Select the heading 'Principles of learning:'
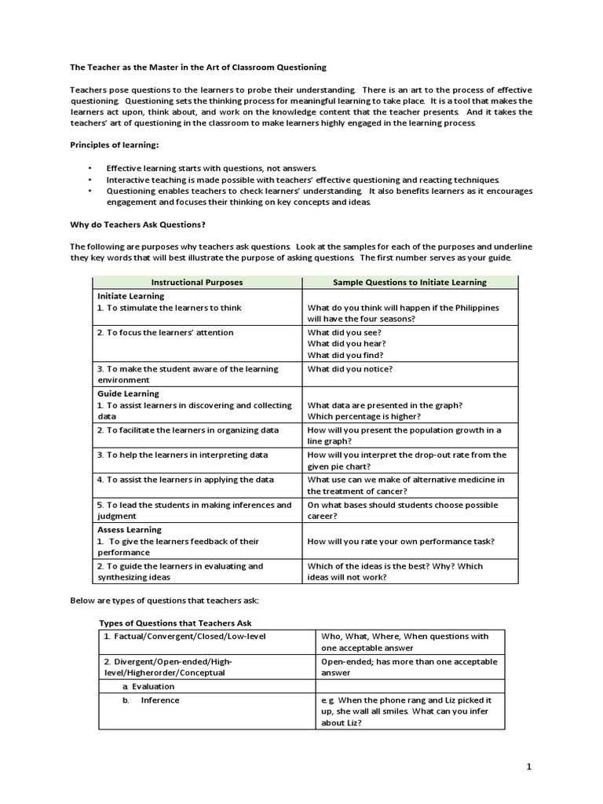click(x=115, y=144)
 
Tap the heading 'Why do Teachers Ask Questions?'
click(x=137, y=224)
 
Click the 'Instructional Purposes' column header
click(x=197, y=282)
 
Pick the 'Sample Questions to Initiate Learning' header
click(x=409, y=282)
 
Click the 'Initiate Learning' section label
click(x=130, y=296)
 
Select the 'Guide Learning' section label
click(x=128, y=393)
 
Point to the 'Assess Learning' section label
click(x=130, y=530)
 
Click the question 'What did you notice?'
click(x=350, y=369)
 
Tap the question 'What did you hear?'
click(x=346, y=344)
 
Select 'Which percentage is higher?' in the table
click(x=364, y=416)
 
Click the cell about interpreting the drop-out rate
click(x=407, y=460)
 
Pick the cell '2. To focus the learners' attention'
click(x=165, y=333)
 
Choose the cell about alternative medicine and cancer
click(x=406, y=484)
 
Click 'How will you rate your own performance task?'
click(x=400, y=542)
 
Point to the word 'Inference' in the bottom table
click(x=160, y=700)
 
